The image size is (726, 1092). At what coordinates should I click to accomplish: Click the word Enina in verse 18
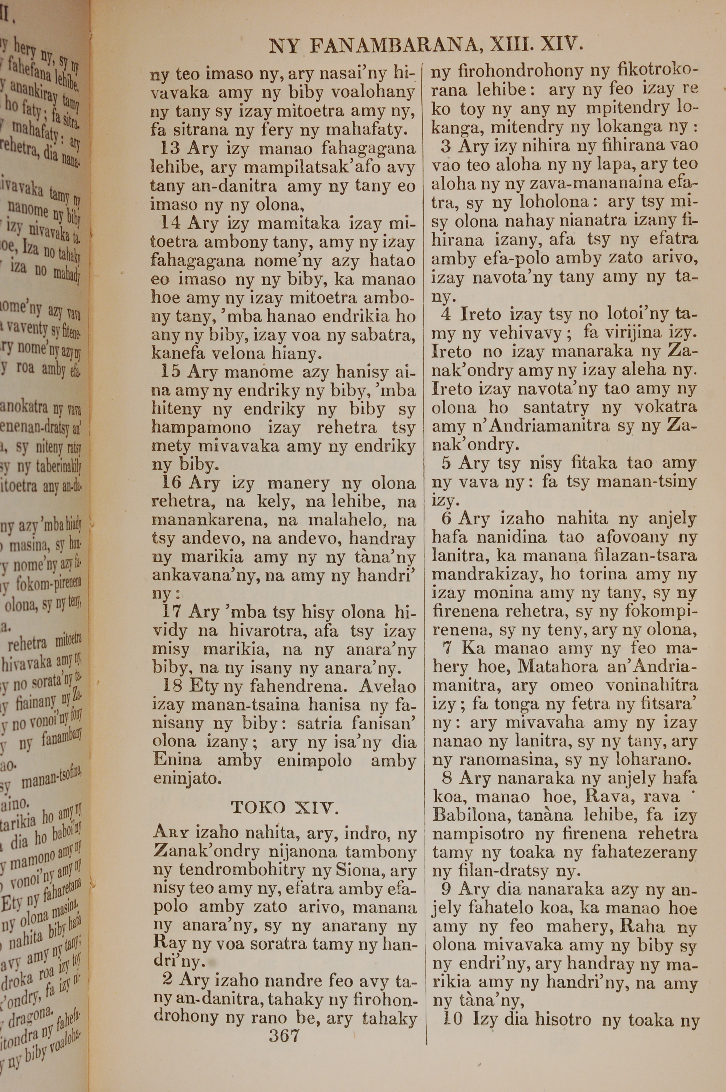[178, 760]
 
